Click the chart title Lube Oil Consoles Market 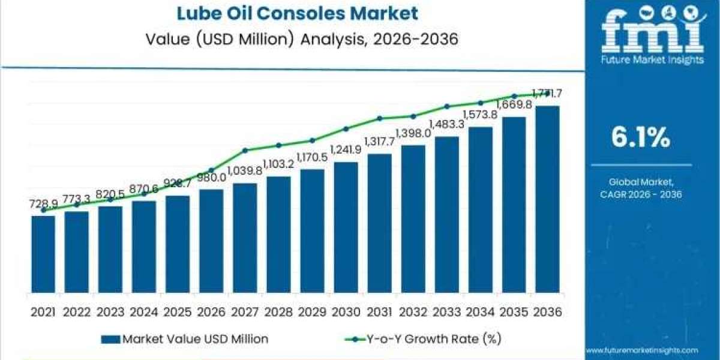click(x=292, y=13)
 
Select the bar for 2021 click(x=43, y=254)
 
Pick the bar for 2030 click(x=346, y=228)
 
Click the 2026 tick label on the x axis click(x=211, y=311)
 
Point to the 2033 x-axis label click(x=446, y=311)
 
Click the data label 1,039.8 click(x=245, y=172)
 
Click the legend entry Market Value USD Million click(x=186, y=339)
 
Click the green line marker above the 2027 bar click(x=245, y=150)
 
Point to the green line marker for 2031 click(x=379, y=118)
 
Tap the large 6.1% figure click(x=640, y=139)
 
